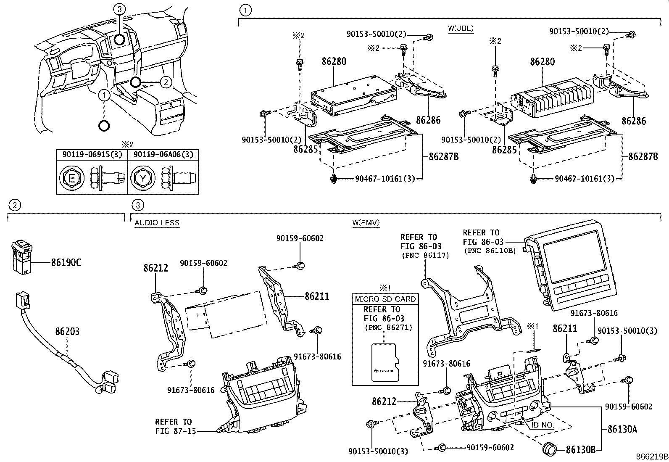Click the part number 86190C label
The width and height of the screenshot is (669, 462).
point(66,263)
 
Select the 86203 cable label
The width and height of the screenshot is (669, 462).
point(67,332)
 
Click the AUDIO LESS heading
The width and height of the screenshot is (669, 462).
point(157,223)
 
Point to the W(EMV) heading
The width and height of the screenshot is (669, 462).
point(366,223)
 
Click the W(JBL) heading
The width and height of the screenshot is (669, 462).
point(461,29)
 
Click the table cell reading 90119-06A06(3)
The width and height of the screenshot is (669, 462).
point(163,155)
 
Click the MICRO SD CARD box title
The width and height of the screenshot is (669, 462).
point(385,299)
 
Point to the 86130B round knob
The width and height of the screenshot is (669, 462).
point(549,449)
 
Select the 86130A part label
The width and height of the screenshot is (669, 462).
point(622,429)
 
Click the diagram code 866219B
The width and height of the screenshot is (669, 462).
point(651,457)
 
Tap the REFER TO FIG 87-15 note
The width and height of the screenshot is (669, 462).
point(173,426)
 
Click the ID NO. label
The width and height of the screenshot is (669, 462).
point(542,425)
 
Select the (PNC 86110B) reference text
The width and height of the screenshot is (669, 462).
point(490,251)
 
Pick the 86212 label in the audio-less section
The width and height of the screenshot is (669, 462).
point(155,268)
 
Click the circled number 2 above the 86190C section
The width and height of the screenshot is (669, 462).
point(15,205)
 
